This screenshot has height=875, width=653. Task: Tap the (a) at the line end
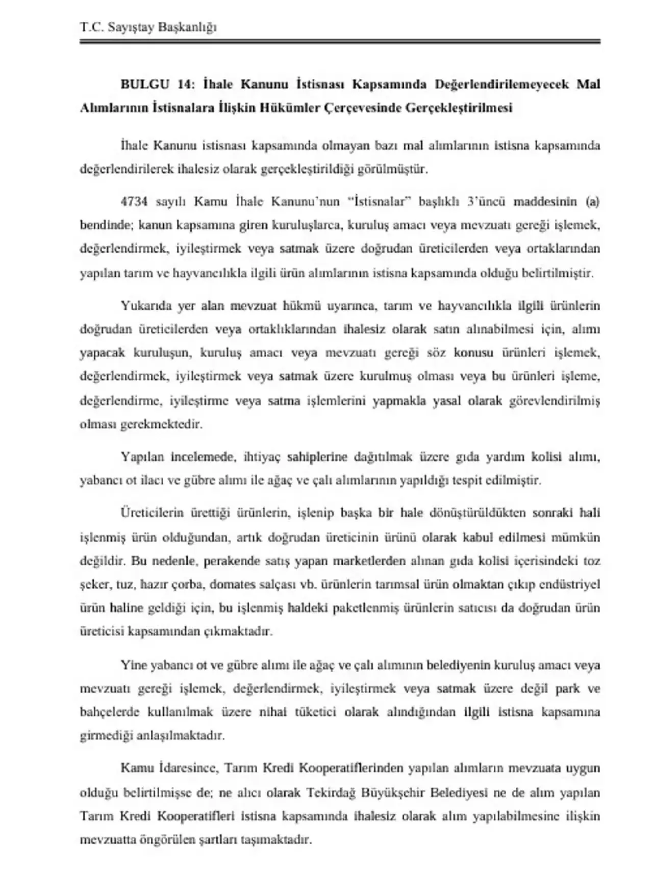592,201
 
